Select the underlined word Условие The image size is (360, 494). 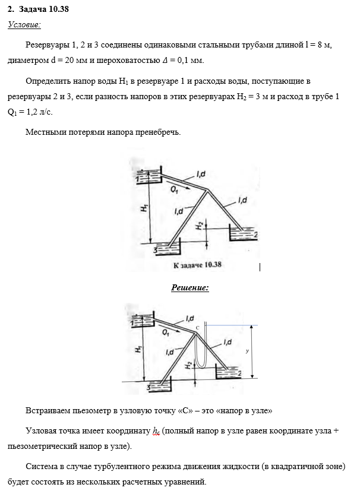point(24,24)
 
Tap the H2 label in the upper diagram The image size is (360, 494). point(201,226)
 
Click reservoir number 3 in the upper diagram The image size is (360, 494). point(156,251)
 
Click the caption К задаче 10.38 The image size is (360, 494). point(197,265)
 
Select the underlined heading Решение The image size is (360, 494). point(190,288)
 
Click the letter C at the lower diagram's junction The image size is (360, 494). point(197,327)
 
